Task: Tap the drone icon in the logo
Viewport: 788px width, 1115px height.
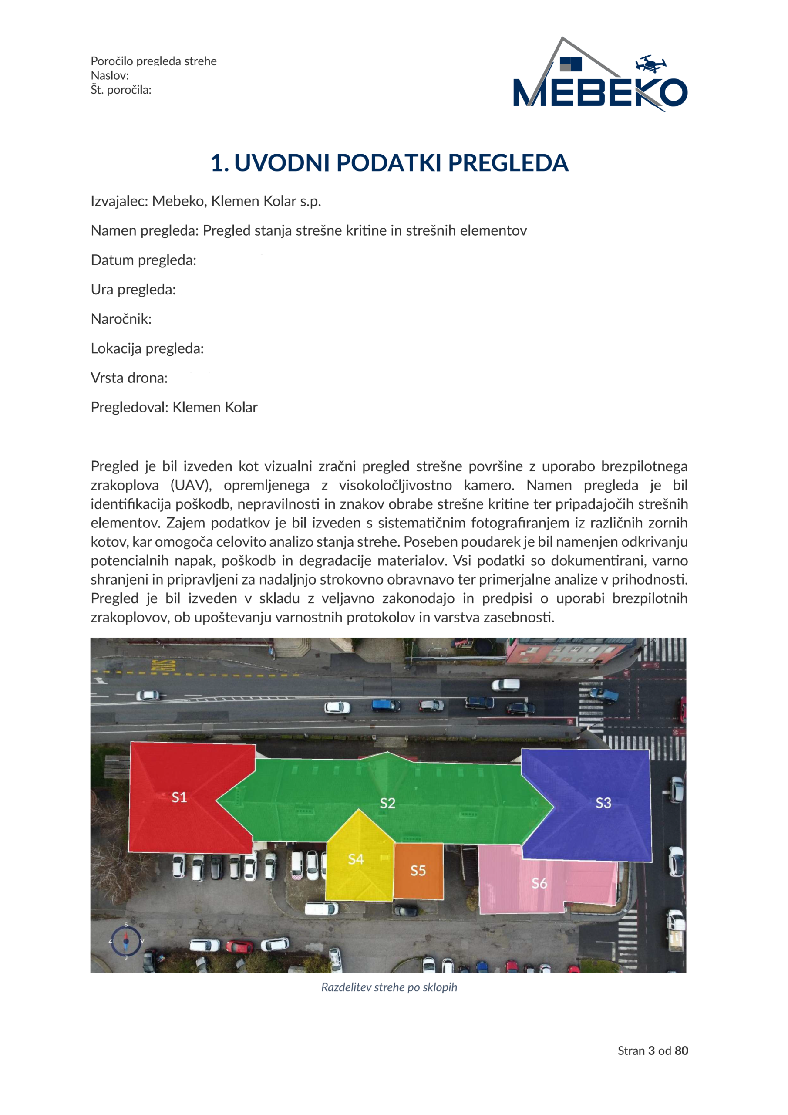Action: click(650, 64)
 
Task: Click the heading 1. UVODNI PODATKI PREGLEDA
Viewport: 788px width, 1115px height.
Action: click(389, 163)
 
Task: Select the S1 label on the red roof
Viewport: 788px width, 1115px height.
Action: click(179, 797)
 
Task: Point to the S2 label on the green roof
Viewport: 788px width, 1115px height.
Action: click(387, 803)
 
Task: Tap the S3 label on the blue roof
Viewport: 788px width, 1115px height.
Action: click(603, 803)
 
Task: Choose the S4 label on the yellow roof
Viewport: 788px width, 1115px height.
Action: click(356, 859)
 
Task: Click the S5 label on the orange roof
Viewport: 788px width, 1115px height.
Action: click(418, 871)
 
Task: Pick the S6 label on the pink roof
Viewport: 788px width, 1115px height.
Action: click(539, 883)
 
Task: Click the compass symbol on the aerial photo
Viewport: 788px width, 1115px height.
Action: click(126, 941)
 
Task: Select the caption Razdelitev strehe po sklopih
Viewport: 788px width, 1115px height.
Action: click(389, 987)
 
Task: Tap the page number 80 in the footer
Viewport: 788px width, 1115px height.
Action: click(681, 1051)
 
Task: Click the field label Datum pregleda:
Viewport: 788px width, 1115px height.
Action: click(144, 260)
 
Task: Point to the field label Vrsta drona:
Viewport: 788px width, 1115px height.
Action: click(129, 378)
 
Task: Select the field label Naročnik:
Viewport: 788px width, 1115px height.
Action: click(121, 319)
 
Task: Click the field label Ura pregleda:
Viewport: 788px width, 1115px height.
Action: click(133, 290)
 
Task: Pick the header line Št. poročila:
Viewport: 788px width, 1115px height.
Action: click(121, 90)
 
